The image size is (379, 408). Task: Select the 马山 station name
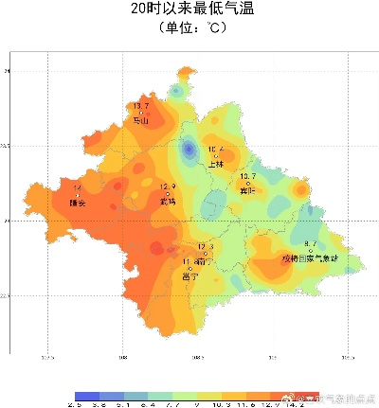click(x=141, y=120)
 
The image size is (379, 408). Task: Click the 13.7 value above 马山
click(x=141, y=106)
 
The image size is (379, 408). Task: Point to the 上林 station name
click(x=215, y=163)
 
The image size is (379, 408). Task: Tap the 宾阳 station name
click(x=248, y=189)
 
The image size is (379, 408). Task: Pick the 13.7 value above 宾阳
click(x=248, y=177)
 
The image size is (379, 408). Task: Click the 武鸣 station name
click(x=168, y=201)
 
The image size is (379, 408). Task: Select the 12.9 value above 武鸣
click(x=168, y=186)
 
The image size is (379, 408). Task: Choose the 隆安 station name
click(x=78, y=203)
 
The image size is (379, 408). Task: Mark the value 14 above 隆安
click(x=77, y=188)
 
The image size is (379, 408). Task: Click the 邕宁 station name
click(x=190, y=276)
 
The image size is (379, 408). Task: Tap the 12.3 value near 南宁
click(x=206, y=246)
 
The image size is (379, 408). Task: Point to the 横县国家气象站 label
click(x=310, y=257)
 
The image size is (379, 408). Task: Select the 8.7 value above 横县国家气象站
click(x=310, y=243)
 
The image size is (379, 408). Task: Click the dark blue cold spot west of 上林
click(x=189, y=149)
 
